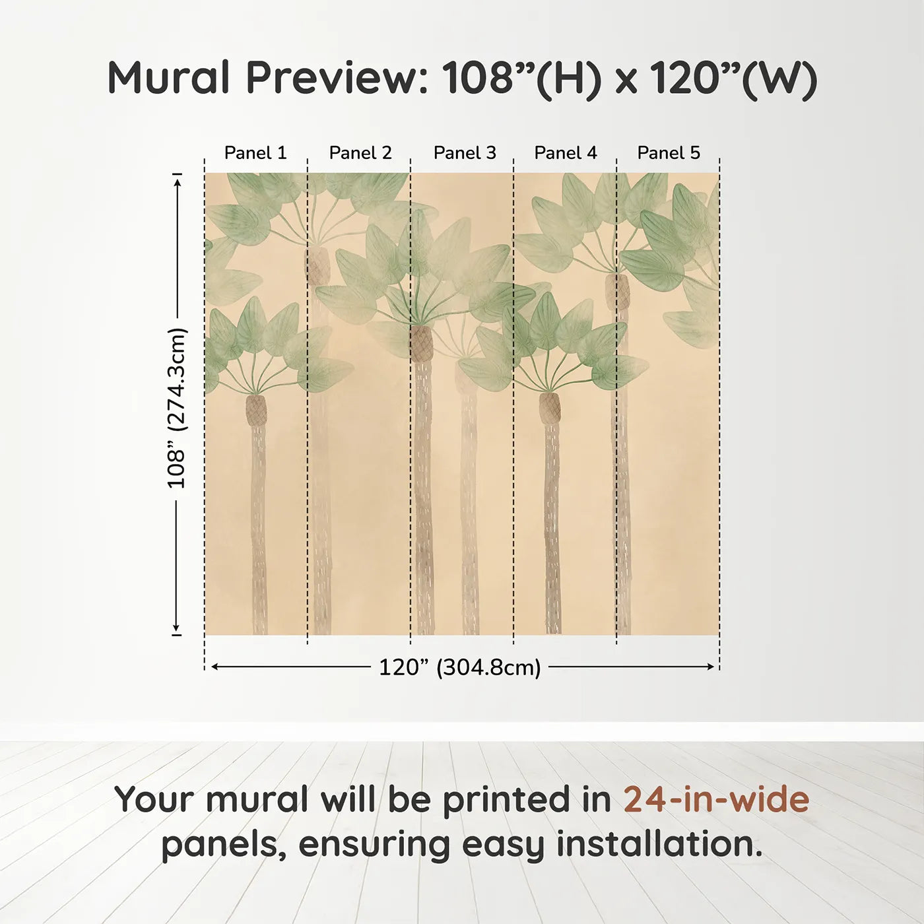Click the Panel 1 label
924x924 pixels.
point(255,153)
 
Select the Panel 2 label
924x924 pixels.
point(360,153)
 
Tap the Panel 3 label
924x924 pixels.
point(465,153)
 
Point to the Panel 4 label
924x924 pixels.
point(566,153)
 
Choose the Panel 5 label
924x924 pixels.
point(669,153)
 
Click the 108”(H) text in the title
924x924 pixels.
point(521,79)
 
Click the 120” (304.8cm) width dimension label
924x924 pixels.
point(460,667)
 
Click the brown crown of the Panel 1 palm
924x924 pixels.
point(256,410)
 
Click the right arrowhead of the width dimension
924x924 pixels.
point(710,667)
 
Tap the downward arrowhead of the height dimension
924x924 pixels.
point(176,627)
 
